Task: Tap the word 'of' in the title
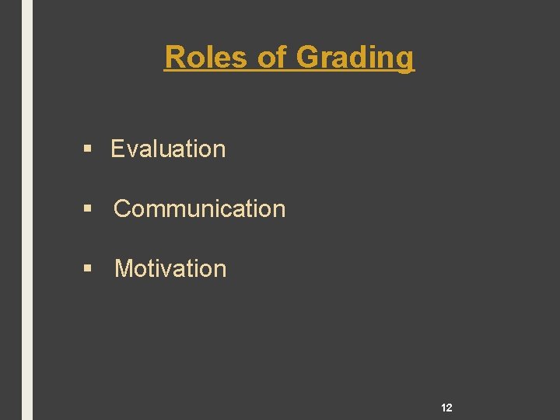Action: coord(273,57)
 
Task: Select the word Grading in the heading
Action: coord(355,57)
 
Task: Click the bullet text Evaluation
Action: coord(168,149)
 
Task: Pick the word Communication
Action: coord(200,208)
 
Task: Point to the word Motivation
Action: coord(170,268)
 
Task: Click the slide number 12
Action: coord(446,408)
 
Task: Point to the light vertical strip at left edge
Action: coord(27,210)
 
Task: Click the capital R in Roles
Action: coord(174,57)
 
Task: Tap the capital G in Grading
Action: coord(309,57)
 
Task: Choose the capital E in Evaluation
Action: coord(117,149)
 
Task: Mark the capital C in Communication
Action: coord(123,208)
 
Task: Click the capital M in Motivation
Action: coord(124,268)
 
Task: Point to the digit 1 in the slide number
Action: coord(443,408)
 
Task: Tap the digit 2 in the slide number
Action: coord(450,408)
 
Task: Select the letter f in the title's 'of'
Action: coord(283,57)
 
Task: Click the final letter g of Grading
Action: coord(406,59)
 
